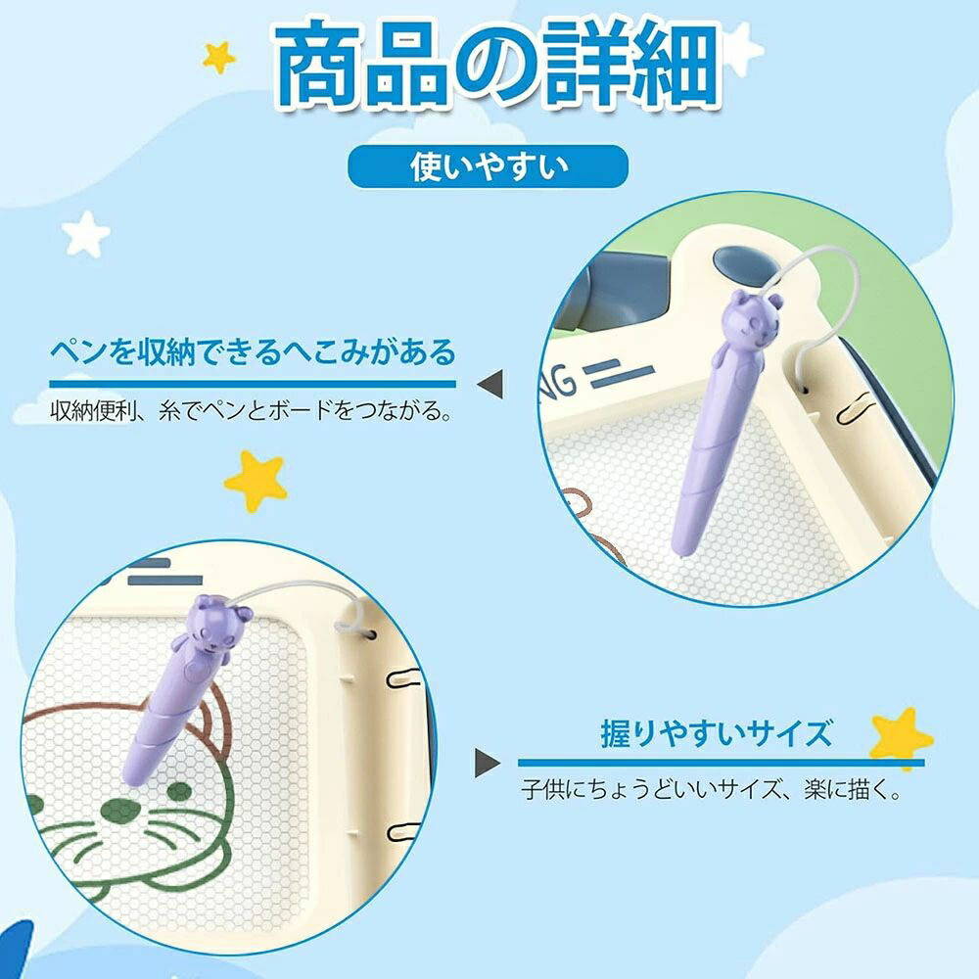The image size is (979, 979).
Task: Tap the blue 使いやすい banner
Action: tap(488, 166)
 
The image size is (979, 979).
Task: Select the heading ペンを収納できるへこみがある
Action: tap(253, 352)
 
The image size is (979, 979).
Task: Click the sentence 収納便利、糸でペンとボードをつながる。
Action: tap(251, 410)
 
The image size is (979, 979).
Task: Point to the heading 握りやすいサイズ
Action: tap(717, 733)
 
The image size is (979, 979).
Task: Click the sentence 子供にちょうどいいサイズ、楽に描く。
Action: tap(712, 789)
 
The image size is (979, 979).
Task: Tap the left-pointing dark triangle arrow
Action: tap(490, 384)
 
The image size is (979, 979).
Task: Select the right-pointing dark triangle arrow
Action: tap(487, 763)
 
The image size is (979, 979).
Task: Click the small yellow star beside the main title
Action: tap(219, 58)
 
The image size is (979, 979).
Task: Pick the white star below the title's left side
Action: tap(86, 234)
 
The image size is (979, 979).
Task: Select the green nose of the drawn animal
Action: tap(121, 811)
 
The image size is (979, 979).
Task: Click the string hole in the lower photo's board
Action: tap(371, 635)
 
